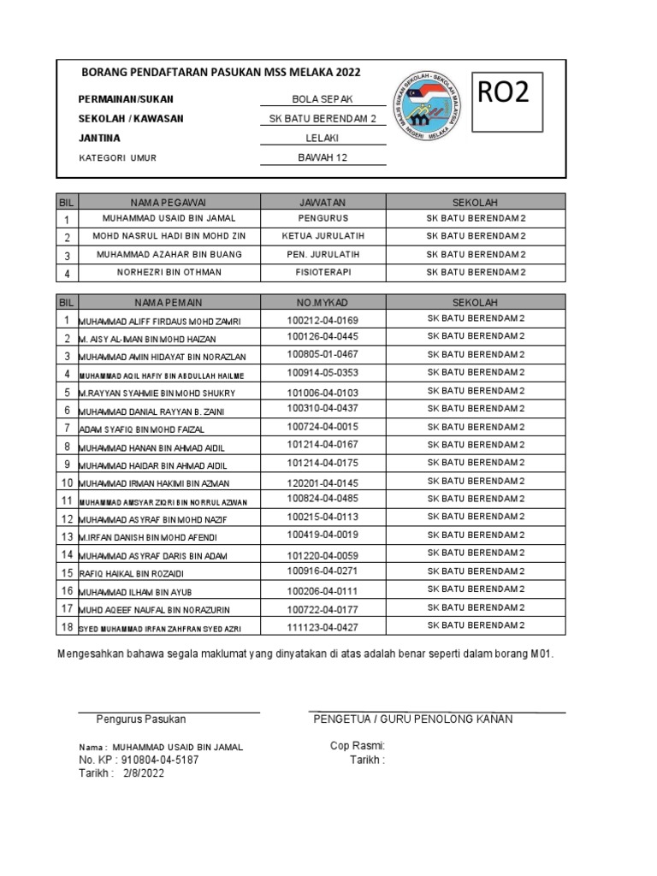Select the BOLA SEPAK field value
(x=323, y=100)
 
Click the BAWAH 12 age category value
(x=323, y=157)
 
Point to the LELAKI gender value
(x=323, y=139)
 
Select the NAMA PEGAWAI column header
(x=169, y=203)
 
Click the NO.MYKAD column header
(x=323, y=302)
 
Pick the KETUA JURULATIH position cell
(x=323, y=237)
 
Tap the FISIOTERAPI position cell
(x=323, y=272)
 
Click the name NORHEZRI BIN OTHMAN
(x=169, y=272)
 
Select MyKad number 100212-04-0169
(x=323, y=320)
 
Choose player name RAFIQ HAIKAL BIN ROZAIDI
(x=131, y=574)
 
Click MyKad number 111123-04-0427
(x=323, y=627)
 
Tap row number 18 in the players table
(x=66, y=627)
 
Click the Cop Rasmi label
(x=358, y=746)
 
